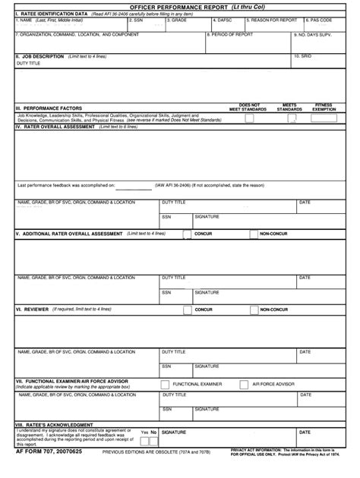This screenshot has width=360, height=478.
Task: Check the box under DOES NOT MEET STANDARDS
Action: click(249, 115)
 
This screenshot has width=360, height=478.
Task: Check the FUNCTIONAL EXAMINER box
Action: click(166, 384)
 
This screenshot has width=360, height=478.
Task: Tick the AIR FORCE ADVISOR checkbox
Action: click(245, 384)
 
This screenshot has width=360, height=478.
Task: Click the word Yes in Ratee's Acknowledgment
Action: click(143, 432)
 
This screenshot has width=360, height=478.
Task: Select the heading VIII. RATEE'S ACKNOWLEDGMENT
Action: click(55, 425)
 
